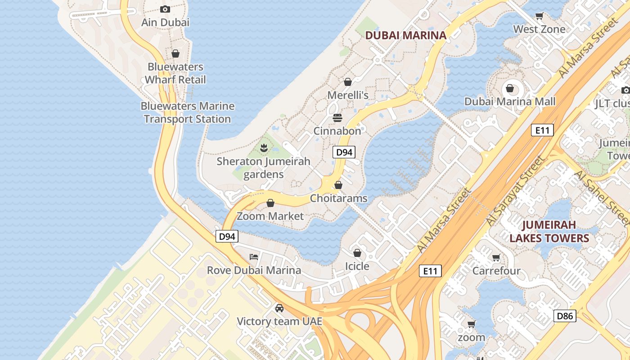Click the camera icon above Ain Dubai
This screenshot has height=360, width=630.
[165, 9]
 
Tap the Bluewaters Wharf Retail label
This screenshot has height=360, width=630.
[175, 73]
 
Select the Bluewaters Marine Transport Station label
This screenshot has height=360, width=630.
[187, 112]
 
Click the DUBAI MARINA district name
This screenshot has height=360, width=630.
[405, 35]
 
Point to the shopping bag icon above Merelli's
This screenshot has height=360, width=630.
[347, 82]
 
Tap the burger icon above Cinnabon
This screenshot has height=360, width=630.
[337, 118]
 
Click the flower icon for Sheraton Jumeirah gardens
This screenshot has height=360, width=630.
[264, 147]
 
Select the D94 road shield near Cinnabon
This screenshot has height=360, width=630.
[344, 152]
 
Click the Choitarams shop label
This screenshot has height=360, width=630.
[338, 198]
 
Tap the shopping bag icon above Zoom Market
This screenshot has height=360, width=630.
[270, 203]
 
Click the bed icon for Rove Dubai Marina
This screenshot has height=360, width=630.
[254, 257]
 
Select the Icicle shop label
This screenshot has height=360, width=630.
[357, 266]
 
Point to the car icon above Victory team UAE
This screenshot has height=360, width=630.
[279, 308]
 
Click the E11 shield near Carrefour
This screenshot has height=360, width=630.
[430, 271]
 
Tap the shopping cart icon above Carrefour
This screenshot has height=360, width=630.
[496, 258]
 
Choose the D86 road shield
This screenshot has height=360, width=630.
[565, 316]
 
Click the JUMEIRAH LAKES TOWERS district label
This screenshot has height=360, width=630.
[549, 231]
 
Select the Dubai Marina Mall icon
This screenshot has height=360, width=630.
[510, 88]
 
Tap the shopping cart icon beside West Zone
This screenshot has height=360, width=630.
[539, 16]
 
